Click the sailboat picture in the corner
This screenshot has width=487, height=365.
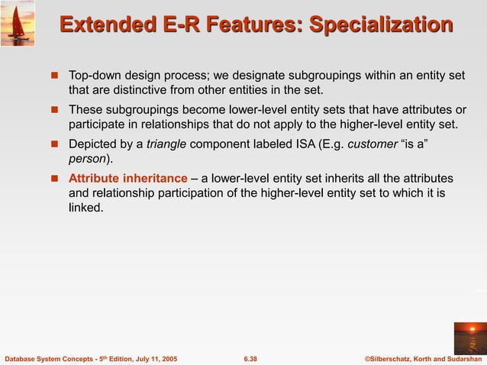pos(18,22)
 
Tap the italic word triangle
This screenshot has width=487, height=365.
pos(166,144)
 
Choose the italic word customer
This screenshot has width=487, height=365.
pos(372,144)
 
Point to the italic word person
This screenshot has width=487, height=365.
pos(86,158)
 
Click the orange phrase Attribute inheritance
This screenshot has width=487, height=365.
pos(127,178)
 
